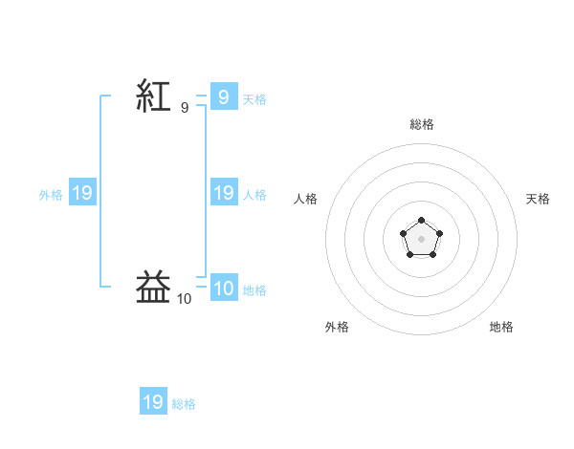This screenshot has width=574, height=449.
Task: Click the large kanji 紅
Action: pos(153,96)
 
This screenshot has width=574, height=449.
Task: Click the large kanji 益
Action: pos(153,287)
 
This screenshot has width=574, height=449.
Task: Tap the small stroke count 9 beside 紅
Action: pos(185,108)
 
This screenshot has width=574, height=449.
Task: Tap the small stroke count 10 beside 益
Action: pos(184,299)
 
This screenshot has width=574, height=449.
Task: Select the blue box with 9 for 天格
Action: pos(224,96)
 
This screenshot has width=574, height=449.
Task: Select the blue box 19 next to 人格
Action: pos(224,192)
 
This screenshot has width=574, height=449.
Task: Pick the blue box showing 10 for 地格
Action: pos(224,287)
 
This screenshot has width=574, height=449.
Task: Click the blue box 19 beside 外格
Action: pos(82,192)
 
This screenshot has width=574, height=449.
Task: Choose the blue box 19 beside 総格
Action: pos(153,400)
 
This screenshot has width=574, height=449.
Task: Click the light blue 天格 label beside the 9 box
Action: pos(254,99)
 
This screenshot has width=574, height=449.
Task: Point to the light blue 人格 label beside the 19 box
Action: pos(254,195)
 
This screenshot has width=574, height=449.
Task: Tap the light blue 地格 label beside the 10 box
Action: pos(254,290)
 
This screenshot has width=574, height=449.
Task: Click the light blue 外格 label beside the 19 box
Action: pos(51,195)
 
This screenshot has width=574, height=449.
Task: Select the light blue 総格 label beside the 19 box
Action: pos(184,404)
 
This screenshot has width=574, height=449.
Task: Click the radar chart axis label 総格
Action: pos(422,124)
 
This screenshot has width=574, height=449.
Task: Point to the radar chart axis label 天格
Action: pos(538,199)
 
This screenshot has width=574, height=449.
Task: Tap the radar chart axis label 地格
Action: pos(501,327)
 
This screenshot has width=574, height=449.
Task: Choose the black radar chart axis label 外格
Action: pos(337,327)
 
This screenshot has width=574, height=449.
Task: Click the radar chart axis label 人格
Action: pos(305,199)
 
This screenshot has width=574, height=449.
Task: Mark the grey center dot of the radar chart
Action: pos(421,239)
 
